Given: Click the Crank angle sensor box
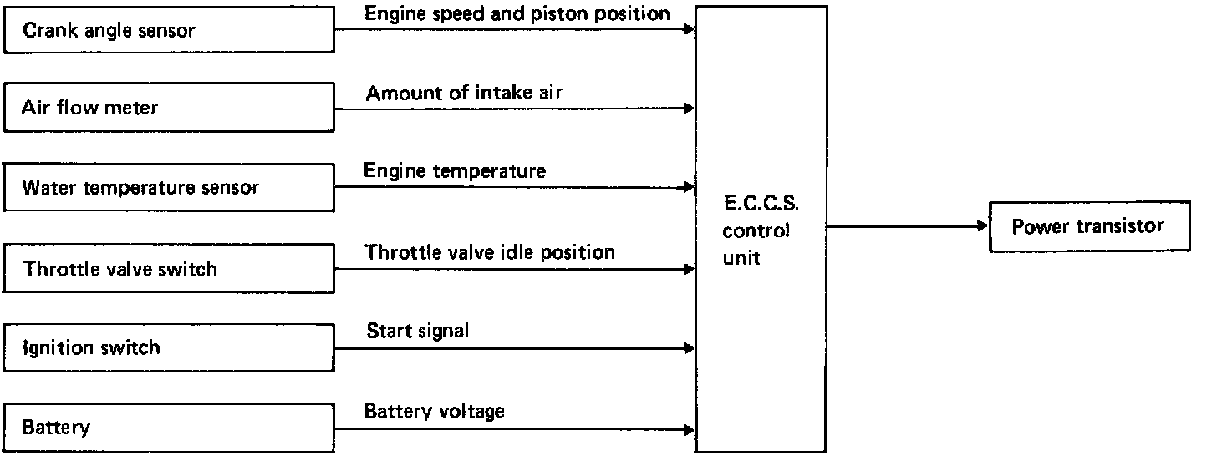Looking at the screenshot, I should pyautogui.click(x=168, y=30).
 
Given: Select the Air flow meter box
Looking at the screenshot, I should pyautogui.click(x=168, y=108).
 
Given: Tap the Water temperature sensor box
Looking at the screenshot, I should pyautogui.click(x=168, y=187).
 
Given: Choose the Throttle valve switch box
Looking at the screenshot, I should pyautogui.click(x=168, y=269).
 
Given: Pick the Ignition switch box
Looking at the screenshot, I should pyautogui.click(x=168, y=347).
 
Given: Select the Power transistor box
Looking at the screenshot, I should pyautogui.click(x=1088, y=226).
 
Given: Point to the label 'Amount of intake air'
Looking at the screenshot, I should pyautogui.click(x=464, y=93).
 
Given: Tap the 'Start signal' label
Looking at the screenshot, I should pyautogui.click(x=418, y=331).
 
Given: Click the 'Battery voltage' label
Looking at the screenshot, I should pyautogui.click(x=435, y=411).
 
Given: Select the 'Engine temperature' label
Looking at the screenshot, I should pyautogui.click(x=455, y=171).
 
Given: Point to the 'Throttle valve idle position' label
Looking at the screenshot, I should pyautogui.click(x=490, y=251).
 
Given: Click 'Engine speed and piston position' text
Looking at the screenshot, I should pyautogui.click(x=517, y=13).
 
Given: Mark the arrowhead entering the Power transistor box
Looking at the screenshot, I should pyautogui.click(x=983, y=226).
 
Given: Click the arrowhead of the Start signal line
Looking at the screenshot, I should pyautogui.click(x=690, y=347).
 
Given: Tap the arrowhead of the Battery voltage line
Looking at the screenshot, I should pyautogui.click(x=690, y=429).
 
